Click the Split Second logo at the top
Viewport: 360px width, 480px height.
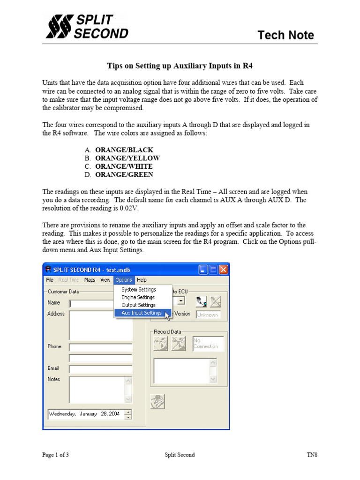(x=87, y=26)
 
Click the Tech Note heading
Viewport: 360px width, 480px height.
(x=285, y=35)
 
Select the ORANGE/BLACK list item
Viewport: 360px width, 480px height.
(x=124, y=150)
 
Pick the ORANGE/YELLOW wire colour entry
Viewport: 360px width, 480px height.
(x=127, y=158)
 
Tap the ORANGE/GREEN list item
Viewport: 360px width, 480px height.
(x=124, y=175)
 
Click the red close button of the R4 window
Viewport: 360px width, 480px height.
(x=223, y=270)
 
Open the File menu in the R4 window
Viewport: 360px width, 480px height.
(x=50, y=280)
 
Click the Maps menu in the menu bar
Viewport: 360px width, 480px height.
(x=90, y=280)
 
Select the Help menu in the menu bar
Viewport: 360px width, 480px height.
(x=142, y=280)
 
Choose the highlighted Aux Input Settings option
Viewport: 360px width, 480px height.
(x=142, y=313)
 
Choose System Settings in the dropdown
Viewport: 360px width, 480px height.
(x=139, y=290)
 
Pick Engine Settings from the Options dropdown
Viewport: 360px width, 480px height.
(x=138, y=297)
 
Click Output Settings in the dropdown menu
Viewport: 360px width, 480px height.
(x=138, y=305)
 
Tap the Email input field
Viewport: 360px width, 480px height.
(x=100, y=369)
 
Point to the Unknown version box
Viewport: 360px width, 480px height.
(x=208, y=315)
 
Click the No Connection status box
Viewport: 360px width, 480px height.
(x=208, y=344)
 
